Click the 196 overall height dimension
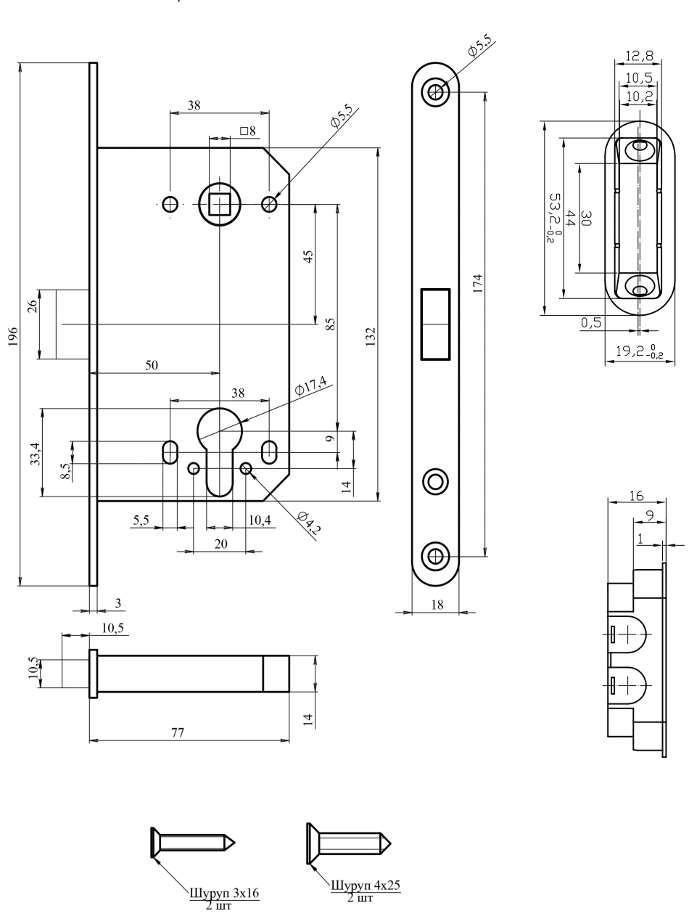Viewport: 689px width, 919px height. [x=13, y=336]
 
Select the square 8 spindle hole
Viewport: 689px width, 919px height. [x=220, y=204]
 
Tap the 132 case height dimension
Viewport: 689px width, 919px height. [x=371, y=336]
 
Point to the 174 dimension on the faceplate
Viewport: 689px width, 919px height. [x=478, y=283]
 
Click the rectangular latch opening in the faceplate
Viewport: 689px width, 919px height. [x=435, y=324]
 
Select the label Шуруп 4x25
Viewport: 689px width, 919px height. [x=366, y=885]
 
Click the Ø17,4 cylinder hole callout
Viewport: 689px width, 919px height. [x=310, y=385]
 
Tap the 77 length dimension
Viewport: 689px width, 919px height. [x=178, y=732]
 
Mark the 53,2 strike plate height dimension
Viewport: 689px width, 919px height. [x=555, y=218]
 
